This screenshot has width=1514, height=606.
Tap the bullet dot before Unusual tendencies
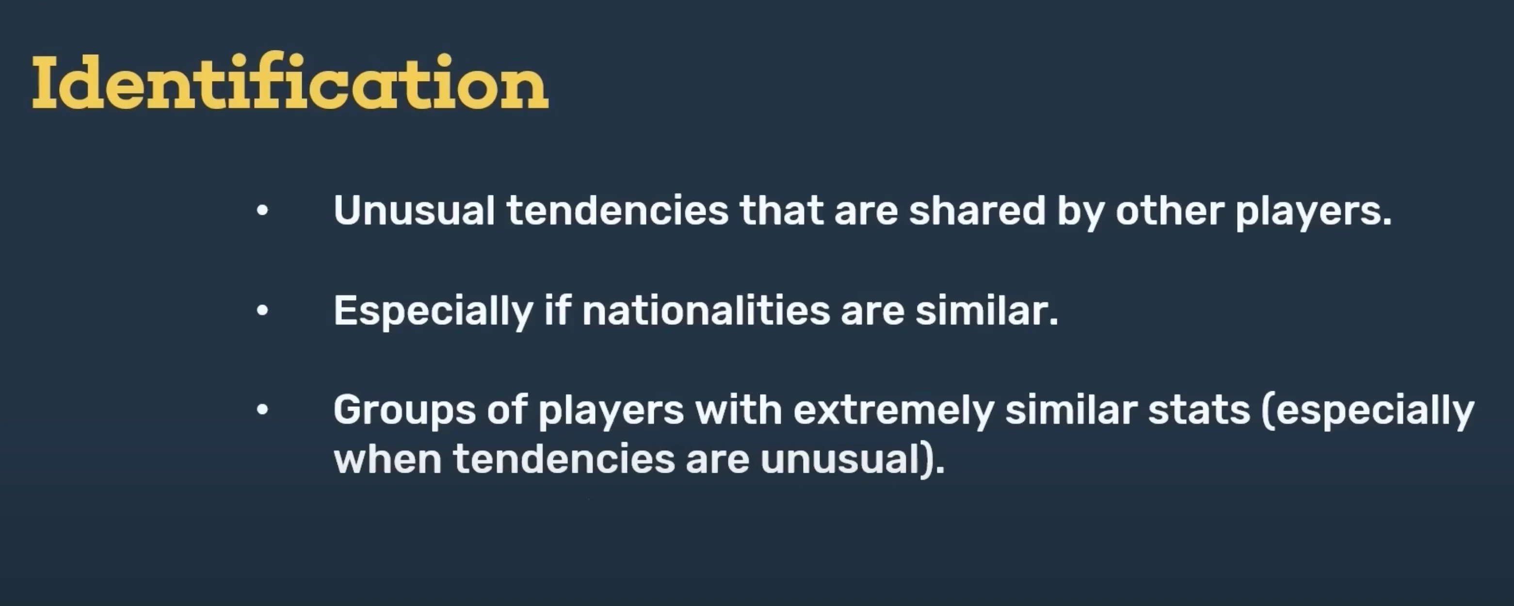(x=262, y=210)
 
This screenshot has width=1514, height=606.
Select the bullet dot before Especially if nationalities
(x=262, y=310)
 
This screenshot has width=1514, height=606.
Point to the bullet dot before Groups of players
(x=262, y=410)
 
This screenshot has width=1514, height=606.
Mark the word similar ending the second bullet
(x=987, y=310)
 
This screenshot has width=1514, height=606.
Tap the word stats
(x=1199, y=410)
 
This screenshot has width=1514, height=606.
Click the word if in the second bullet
(x=558, y=310)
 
